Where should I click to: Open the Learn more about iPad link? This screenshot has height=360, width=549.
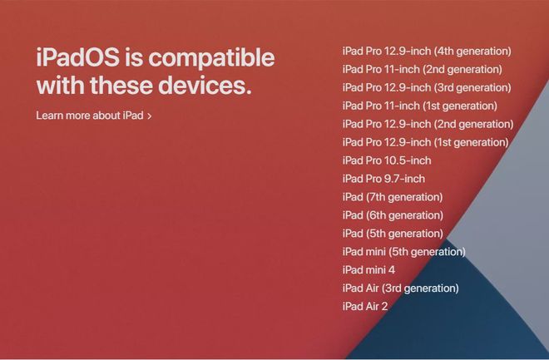(x=90, y=116)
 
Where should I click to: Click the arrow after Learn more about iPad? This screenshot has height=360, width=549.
(x=150, y=116)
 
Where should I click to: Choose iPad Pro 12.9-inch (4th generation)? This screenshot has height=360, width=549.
(x=427, y=52)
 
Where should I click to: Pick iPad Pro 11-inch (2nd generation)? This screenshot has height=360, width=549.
(x=422, y=70)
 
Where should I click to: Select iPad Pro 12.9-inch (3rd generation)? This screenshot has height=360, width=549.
(x=427, y=88)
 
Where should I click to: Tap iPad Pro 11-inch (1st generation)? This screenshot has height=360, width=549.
(x=419, y=106)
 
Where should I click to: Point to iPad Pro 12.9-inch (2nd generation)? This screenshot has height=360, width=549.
(x=428, y=125)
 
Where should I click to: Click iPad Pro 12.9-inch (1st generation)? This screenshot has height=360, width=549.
(x=425, y=143)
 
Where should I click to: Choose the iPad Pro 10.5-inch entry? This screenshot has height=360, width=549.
(x=387, y=161)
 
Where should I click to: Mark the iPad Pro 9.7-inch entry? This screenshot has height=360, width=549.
(x=383, y=180)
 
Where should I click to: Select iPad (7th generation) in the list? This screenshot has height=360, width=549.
(x=393, y=198)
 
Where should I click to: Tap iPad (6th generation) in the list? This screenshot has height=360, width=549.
(x=393, y=216)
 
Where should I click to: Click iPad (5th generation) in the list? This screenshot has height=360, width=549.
(x=393, y=234)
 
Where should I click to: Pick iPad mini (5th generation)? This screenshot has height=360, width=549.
(x=403, y=252)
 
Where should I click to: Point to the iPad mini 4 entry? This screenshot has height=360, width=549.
(x=368, y=270)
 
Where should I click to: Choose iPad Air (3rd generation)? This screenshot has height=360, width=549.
(x=400, y=288)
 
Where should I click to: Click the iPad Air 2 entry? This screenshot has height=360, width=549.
(x=365, y=307)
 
